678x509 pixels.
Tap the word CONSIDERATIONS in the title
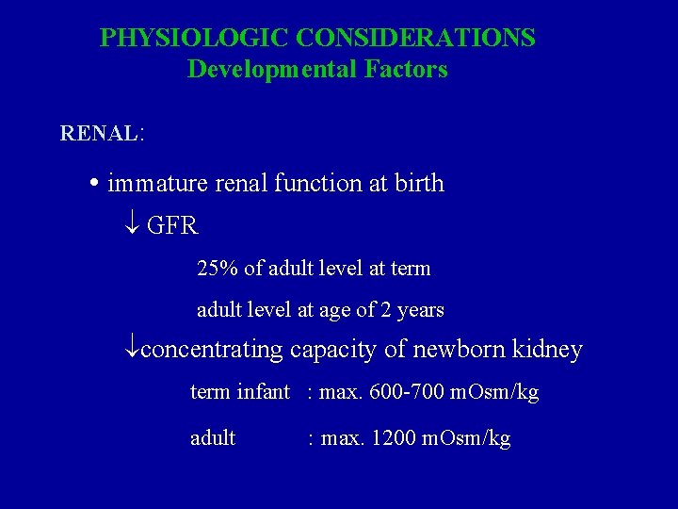415,38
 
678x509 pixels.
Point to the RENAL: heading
102,133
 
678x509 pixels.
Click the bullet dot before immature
98,183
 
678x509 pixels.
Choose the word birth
419,183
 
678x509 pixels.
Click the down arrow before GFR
133,226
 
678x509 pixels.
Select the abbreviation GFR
172,226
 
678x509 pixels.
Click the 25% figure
218,269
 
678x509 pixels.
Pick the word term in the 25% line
411,269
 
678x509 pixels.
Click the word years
420,310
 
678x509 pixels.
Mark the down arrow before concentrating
132,350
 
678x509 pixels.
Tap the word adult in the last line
213,438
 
